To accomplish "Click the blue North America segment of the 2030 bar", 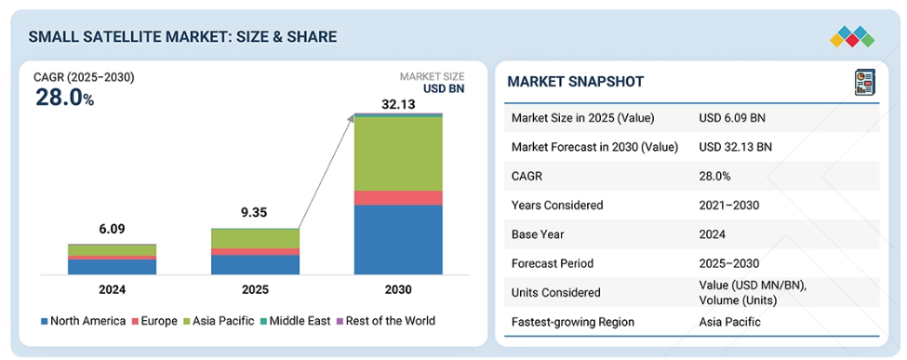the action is click(398, 240).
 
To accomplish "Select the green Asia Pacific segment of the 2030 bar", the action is click(398, 154).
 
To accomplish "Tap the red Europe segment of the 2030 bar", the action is click(398, 198).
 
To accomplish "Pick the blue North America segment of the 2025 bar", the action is click(255, 264).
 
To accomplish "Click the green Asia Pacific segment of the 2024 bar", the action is click(112, 250).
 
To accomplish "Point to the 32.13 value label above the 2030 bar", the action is click(398, 105).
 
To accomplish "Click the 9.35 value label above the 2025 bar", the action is click(254, 212).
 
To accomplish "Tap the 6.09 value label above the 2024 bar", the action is click(112, 229).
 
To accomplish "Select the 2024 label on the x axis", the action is click(112, 289).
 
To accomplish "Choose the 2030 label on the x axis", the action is click(398, 289).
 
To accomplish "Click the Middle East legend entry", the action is click(296, 321).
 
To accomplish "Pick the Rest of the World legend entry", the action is click(386, 321).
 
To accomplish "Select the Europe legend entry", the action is click(154, 321).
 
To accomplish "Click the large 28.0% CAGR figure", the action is click(64, 98).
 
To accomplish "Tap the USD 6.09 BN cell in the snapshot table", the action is click(732, 117).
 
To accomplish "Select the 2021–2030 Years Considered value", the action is click(728, 205).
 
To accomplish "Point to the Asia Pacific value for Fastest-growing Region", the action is click(729, 322).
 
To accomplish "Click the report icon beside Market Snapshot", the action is click(865, 82).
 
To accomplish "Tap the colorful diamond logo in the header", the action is click(852, 36).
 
